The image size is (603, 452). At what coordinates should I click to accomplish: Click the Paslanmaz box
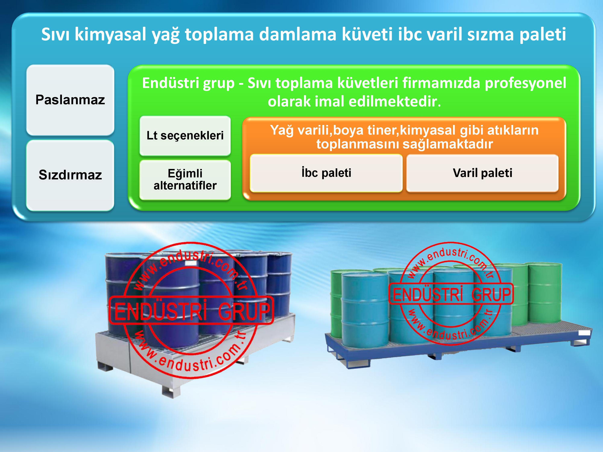pyautogui.click(x=70, y=100)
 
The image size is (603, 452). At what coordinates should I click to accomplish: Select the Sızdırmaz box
pyautogui.click(x=70, y=175)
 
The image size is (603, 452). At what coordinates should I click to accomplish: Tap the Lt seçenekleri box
pyautogui.click(x=185, y=136)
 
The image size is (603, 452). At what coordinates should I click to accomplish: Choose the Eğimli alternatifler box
pyautogui.click(x=185, y=180)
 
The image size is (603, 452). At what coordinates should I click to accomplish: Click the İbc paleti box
pyautogui.click(x=326, y=173)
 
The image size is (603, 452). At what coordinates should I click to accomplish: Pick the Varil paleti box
pyautogui.click(x=482, y=173)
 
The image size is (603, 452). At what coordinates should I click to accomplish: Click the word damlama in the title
pyautogui.click(x=297, y=34)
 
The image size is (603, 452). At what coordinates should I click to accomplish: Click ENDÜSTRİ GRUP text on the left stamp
pyautogui.click(x=192, y=311)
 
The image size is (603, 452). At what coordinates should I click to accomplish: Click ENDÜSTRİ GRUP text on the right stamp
pyautogui.click(x=452, y=294)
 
